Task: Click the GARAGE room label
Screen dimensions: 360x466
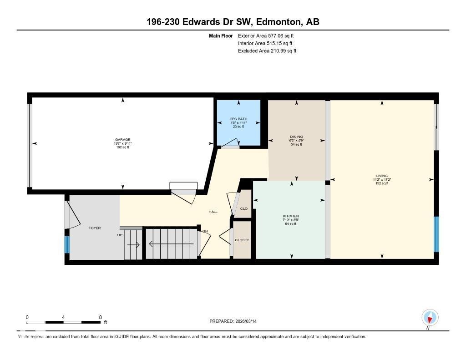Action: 122,140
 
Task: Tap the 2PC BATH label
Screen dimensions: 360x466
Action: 238,119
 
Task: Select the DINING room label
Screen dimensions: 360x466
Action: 296,137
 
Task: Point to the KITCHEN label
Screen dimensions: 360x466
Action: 290,216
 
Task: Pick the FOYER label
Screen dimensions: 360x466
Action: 94,228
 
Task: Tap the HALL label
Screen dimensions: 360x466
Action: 213,212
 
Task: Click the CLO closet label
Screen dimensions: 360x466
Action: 243,208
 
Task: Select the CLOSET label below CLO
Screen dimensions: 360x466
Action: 242,240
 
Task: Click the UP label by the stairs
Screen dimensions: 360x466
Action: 120,235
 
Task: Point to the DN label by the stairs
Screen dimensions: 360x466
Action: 205,231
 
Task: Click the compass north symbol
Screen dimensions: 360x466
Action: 430,317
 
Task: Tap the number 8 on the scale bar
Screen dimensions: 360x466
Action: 100,317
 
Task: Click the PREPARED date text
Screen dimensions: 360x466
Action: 236,321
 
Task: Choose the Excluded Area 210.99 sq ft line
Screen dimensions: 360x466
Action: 267,51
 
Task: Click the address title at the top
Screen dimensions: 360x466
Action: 233,22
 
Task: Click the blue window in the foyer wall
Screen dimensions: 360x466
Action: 67,245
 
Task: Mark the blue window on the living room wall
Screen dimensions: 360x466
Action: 436,234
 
